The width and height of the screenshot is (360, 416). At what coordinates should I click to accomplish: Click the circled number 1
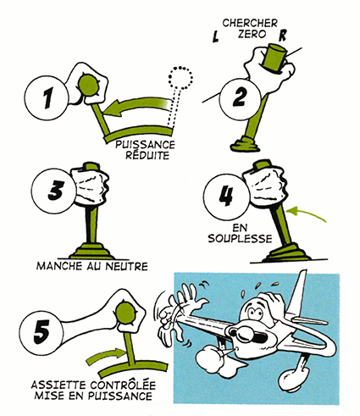(47, 97)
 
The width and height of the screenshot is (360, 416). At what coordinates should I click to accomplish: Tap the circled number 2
(240, 97)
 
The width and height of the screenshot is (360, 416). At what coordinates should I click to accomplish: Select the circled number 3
(54, 190)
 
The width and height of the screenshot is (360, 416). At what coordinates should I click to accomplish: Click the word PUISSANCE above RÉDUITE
(145, 145)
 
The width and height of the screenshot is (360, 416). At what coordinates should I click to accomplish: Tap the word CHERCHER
(250, 23)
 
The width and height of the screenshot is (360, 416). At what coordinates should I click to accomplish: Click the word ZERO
(252, 34)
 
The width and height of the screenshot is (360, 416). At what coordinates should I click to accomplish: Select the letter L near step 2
(216, 37)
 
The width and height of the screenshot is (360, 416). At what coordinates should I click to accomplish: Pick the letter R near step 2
(283, 36)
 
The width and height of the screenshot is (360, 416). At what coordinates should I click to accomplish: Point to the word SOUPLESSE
(240, 239)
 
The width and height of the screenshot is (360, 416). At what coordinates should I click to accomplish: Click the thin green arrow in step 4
(306, 214)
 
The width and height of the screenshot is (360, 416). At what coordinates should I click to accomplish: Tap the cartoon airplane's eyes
(254, 312)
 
